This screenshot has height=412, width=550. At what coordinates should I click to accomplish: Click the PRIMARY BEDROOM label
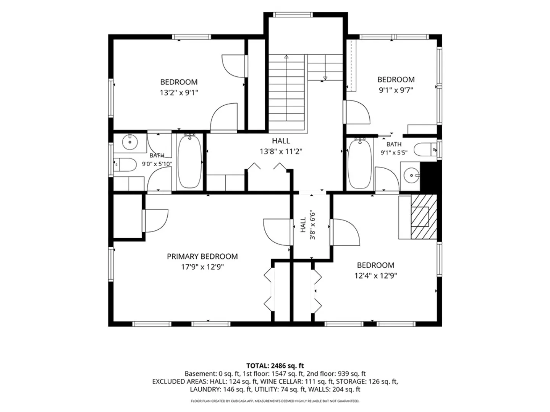(x=202, y=256)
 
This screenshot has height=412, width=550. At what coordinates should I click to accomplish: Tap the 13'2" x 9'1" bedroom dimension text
(x=179, y=93)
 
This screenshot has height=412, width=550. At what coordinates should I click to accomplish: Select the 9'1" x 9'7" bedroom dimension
(x=396, y=90)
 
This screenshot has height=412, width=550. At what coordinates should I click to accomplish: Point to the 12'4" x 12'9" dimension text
(x=375, y=276)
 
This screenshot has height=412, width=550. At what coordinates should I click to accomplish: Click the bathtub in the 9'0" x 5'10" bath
(x=190, y=161)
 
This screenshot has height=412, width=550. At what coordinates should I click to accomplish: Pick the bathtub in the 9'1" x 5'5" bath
(x=360, y=164)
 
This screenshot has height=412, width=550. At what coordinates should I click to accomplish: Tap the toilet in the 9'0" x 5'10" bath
(x=125, y=164)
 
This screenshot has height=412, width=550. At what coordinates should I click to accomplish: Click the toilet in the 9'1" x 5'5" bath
(x=425, y=149)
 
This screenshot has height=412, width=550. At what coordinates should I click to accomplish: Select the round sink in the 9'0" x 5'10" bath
(x=130, y=142)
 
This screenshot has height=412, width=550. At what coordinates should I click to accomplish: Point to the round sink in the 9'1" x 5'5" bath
(x=411, y=175)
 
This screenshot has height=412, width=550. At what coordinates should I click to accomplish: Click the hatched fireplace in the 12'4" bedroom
(x=424, y=217)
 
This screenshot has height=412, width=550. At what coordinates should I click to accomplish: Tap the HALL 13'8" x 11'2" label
(x=281, y=146)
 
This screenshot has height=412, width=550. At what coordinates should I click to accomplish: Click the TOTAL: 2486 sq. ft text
(x=275, y=366)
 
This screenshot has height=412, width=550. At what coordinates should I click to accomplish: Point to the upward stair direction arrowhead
(x=286, y=57)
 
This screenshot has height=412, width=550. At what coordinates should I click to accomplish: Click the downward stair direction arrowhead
(x=325, y=78)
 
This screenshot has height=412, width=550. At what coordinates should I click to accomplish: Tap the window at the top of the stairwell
(x=293, y=14)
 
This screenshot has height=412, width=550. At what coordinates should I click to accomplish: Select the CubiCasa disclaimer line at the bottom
(x=275, y=401)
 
